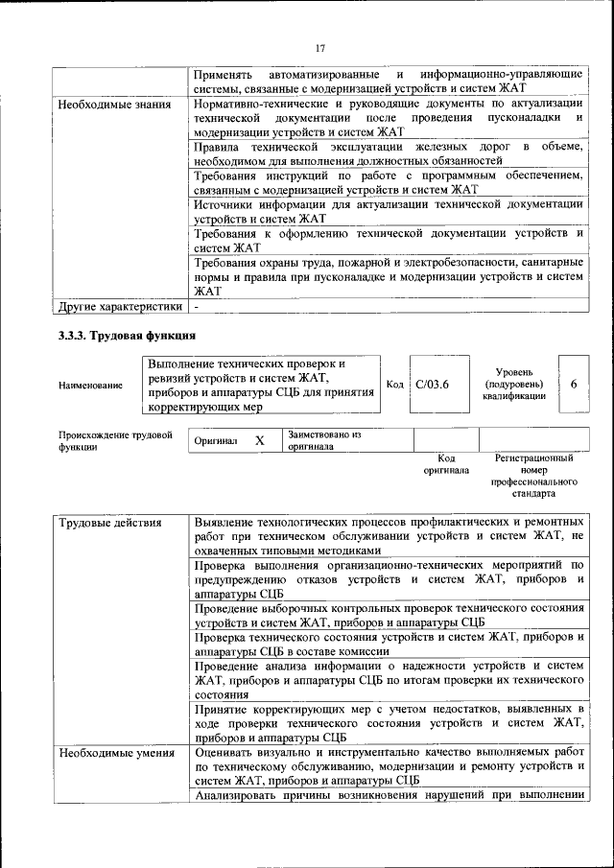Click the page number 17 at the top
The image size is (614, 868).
pos(319,49)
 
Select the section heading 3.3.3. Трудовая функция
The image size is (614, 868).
pos(128,336)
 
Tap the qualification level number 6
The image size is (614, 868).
pos(573,384)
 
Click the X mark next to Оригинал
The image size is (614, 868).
pos(259,440)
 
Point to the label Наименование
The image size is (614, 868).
pos(90,385)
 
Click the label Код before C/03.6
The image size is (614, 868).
pos(393,385)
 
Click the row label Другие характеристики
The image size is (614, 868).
pos(120,307)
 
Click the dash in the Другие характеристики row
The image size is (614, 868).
pos(197,307)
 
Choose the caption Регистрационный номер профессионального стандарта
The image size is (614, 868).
pos(533,477)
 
